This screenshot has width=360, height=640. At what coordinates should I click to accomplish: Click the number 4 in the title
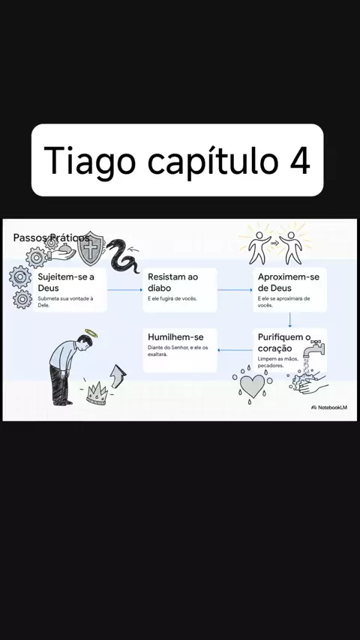point(299,160)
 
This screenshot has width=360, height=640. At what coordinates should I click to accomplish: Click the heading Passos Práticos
point(51,238)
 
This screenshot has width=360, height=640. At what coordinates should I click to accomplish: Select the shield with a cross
point(91,249)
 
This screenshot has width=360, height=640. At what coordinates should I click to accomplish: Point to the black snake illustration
point(122,256)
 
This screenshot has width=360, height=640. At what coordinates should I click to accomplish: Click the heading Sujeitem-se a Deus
point(66,282)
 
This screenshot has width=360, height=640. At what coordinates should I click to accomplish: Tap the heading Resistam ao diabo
point(172,282)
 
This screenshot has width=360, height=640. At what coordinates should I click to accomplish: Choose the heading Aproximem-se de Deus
point(289,282)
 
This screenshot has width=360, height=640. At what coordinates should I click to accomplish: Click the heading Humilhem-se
point(175,337)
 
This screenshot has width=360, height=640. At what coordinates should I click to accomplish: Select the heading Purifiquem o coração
point(284,343)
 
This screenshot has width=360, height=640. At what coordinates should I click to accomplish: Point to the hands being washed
point(309,382)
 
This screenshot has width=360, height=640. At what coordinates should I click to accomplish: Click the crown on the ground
point(97,393)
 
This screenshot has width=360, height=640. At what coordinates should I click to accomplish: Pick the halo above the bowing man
point(91,333)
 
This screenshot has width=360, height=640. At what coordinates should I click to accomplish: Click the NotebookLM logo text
point(332,408)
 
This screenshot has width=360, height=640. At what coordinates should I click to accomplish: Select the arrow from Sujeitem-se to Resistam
point(124,290)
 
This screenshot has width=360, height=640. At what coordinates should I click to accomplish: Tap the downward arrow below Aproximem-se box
point(289,320)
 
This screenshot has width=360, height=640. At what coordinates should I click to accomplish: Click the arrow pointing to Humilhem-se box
point(235,350)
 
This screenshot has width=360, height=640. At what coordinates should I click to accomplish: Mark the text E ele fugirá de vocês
point(172,299)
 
